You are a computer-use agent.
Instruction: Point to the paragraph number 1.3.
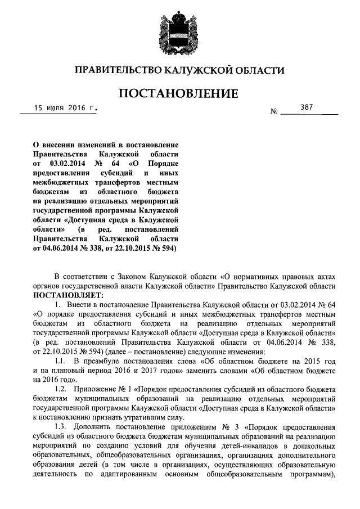point(62,427)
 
